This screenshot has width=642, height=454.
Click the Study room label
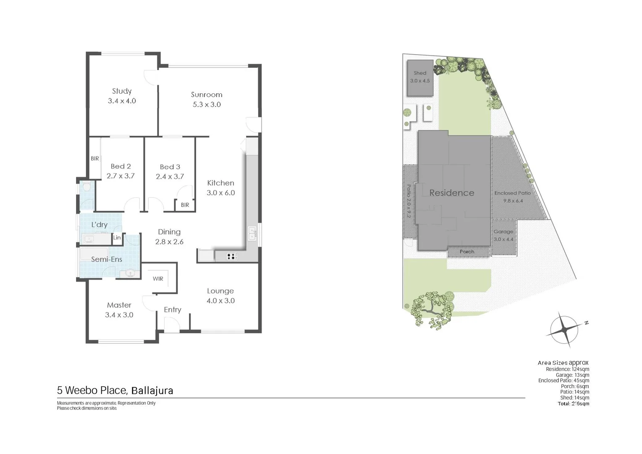pos(122,91)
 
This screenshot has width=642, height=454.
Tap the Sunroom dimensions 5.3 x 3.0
pos(207,105)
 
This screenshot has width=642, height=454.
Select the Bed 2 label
pos(121,166)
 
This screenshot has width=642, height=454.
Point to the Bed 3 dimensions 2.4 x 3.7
pos(170,177)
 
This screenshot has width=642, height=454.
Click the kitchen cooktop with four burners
pos(231,256)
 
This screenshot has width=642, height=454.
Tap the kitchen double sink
pos(252,233)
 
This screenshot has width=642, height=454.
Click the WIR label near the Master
pos(158,279)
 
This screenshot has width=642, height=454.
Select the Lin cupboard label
pos(117,238)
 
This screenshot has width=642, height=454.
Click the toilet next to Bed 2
pos(87,186)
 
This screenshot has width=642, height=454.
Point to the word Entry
pos(172,310)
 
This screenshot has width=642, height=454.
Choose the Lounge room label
pos(220,291)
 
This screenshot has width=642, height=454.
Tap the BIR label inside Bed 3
pos(185,205)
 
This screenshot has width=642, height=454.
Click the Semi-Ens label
pos(107,259)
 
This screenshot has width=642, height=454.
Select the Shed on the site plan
pos(420,77)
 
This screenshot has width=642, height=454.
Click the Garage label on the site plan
pos(503,232)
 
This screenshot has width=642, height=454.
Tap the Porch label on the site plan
pos(467,252)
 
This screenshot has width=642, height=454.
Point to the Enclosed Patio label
pos(512,193)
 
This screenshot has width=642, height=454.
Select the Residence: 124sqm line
pos(567,369)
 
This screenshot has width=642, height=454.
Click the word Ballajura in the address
pos(152,391)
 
